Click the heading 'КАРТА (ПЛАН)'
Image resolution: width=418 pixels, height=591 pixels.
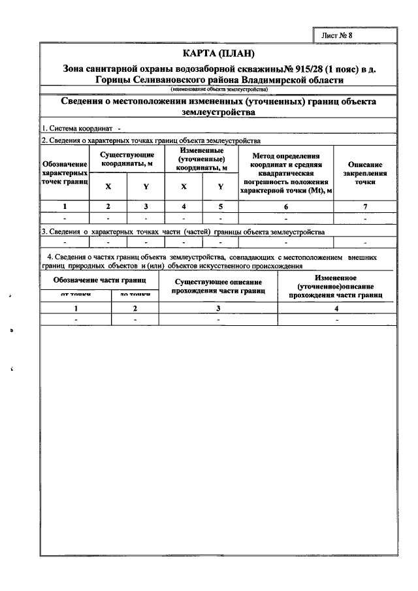pos(218,53)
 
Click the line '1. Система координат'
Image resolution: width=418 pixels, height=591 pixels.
pos(78,129)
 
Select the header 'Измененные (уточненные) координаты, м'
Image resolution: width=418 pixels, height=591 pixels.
pos(202,159)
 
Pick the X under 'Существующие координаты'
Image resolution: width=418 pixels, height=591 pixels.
pos(108,187)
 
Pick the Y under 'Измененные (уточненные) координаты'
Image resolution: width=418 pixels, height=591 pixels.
pos(221,187)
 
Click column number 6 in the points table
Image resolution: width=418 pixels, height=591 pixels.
pos(285,207)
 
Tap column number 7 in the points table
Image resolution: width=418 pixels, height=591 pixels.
pos(365,207)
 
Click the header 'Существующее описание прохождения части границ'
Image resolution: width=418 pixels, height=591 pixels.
pos(218,286)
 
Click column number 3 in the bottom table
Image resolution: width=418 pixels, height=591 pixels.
pos(218,308)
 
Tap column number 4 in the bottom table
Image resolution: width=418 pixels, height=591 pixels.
pos(336,308)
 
